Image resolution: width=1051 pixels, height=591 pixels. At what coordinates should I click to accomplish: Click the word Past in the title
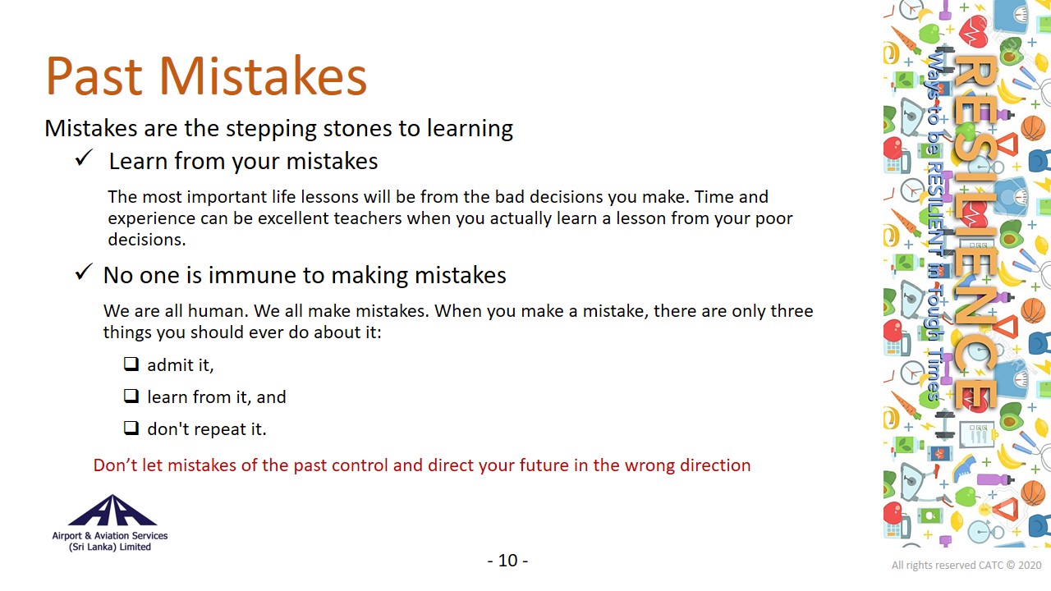[x=94, y=76]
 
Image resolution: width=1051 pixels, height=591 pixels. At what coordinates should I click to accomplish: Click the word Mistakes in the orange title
[x=263, y=76]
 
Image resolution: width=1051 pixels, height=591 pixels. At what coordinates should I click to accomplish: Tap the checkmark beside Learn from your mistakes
[x=84, y=158]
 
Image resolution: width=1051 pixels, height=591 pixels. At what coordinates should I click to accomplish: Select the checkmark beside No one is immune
[x=84, y=272]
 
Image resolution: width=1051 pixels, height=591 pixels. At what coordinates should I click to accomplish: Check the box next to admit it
[x=131, y=364]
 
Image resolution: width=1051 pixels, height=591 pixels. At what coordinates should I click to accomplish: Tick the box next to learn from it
[x=131, y=396]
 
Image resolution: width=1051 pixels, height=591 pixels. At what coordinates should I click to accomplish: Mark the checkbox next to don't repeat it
[x=131, y=428]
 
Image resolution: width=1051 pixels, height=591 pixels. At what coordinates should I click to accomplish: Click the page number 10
[x=507, y=561]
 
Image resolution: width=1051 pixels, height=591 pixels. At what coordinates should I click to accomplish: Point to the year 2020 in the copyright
[x=1030, y=566]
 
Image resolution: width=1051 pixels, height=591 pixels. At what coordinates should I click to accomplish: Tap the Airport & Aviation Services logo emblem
[x=112, y=510]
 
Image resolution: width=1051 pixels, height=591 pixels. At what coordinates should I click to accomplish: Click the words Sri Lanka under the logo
[x=93, y=547]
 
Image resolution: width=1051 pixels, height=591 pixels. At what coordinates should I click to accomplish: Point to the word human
[x=218, y=311]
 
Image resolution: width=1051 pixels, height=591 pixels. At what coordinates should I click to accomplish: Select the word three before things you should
[x=792, y=311]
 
